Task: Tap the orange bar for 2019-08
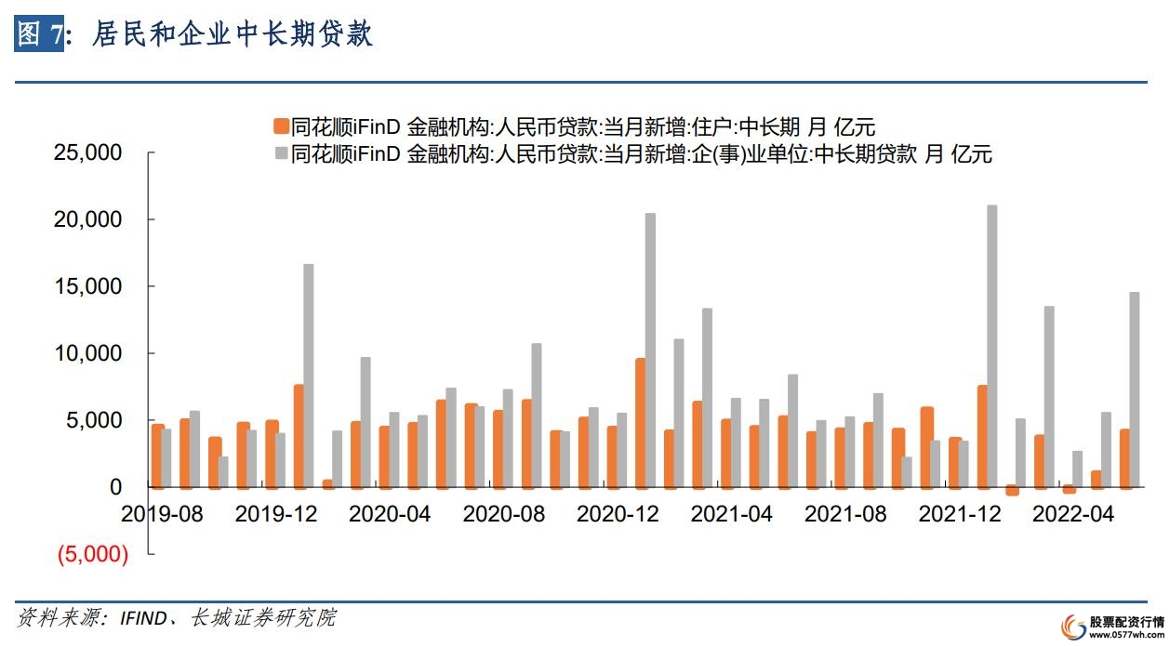pos(158,456)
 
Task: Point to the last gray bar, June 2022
pos(1134,390)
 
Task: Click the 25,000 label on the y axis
pos(89,152)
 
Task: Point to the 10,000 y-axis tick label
pos(89,353)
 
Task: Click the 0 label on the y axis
pos(115,487)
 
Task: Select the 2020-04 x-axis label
pos(390,514)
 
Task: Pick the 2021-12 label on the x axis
pos(960,514)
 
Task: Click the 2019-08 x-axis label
pos(162,514)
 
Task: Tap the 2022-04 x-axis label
pos(1073,514)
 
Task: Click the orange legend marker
pos(279,127)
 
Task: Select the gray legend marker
pos(279,153)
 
